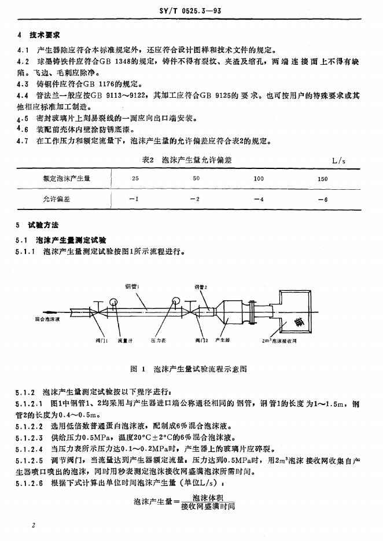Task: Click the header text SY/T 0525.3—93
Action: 190,10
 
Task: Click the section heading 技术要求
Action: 44,36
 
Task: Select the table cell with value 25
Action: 135,179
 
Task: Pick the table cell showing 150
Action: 323,179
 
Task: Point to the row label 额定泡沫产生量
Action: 67,179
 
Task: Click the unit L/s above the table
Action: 338,160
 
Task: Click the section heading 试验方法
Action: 44,225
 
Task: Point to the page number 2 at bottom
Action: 34,525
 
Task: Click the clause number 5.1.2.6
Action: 30,481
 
